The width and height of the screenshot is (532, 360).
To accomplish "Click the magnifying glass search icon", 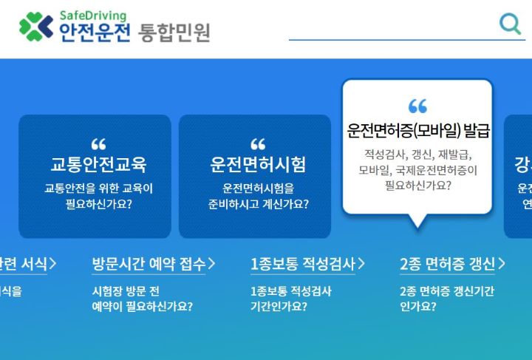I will click(510, 24).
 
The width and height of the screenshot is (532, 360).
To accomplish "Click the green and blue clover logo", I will click(35, 27).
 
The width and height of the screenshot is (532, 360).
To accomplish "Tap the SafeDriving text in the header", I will click(92, 16).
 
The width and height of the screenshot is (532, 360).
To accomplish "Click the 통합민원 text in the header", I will click(174, 33).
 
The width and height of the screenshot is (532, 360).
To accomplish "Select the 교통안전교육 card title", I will click(98, 163).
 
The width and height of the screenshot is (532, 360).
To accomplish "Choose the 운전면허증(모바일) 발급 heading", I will click(418, 131).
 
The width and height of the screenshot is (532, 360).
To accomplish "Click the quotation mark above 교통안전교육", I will click(98, 143).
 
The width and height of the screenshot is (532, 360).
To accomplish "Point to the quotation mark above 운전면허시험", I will click(257, 143).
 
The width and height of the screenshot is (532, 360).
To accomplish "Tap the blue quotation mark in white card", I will click(417, 106).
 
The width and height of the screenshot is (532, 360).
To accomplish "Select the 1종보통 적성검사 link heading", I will click(302, 264).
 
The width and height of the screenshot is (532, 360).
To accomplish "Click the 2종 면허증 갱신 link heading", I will click(447, 264).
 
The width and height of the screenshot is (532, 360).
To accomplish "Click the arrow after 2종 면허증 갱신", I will click(502, 264).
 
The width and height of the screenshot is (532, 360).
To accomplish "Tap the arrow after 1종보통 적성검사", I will click(361, 264).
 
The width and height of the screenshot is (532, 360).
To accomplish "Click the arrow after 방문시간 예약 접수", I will click(211, 264).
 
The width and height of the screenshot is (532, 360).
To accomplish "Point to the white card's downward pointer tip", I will click(417, 223).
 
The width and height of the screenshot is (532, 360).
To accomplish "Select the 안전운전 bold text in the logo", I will click(95, 33).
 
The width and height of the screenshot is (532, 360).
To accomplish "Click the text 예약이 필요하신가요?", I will click(142, 306).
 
